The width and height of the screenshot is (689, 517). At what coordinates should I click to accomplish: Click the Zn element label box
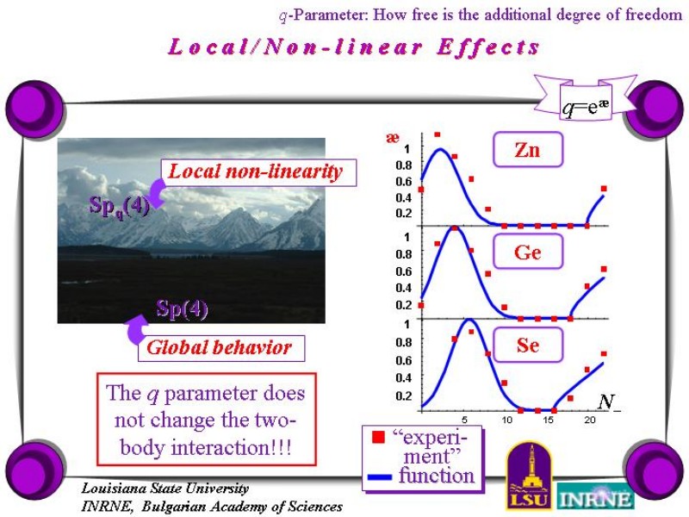click(528, 149)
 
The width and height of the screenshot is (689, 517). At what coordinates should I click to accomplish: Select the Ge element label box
click(528, 252)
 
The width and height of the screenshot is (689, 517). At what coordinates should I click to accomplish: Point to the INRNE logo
click(596, 497)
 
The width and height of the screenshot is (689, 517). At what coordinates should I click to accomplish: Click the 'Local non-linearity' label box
click(259, 172)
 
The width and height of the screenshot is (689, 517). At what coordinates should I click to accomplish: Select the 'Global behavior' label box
click(221, 348)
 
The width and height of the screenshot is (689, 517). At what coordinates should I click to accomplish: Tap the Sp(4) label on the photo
click(182, 308)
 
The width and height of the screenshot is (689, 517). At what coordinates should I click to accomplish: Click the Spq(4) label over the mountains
click(119, 206)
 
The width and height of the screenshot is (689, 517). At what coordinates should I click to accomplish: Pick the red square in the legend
click(378, 437)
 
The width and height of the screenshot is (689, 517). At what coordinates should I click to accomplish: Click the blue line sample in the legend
click(379, 477)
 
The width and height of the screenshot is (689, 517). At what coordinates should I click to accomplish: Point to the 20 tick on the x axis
click(590, 420)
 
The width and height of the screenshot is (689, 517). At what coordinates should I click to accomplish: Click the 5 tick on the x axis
click(464, 420)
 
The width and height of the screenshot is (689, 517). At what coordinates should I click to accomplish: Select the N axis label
click(608, 402)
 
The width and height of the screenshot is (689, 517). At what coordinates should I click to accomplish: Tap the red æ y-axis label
click(393, 138)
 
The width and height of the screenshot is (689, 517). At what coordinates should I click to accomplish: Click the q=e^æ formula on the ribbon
click(586, 107)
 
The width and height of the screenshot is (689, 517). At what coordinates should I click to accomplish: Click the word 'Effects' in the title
click(487, 47)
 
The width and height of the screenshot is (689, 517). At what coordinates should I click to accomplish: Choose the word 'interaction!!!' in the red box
click(231, 448)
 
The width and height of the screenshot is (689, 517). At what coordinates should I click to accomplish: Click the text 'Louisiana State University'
click(165, 488)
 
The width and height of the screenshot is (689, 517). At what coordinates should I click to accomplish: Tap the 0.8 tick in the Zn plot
click(403, 165)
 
